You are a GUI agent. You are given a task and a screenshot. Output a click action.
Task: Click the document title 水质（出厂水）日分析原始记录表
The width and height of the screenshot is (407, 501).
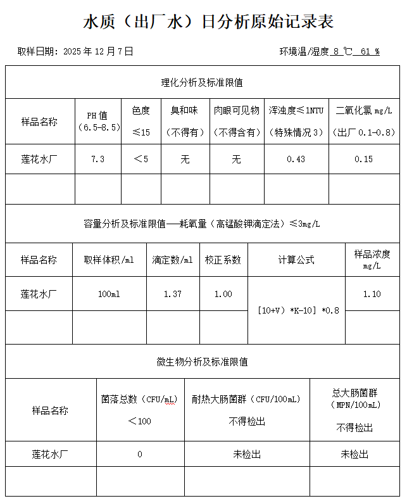pyautogui.click(x=208, y=22)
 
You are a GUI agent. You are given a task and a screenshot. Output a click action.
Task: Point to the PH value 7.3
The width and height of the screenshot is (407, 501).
pyautogui.click(x=97, y=159)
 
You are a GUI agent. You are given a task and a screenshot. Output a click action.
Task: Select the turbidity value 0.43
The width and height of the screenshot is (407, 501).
pyautogui.click(x=296, y=159)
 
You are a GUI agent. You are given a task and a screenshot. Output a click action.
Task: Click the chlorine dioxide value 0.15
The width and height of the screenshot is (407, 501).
pyautogui.click(x=364, y=159)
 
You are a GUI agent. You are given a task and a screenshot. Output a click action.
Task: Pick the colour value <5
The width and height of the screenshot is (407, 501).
pyautogui.click(x=141, y=159)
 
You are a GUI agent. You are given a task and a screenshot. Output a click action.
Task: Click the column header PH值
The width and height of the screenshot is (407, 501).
pyautogui.click(x=97, y=115)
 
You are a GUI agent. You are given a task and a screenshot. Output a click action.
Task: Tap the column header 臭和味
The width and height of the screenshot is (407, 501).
pyautogui.click(x=184, y=110)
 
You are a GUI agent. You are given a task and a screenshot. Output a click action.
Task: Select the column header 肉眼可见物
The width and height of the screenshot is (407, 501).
pyautogui.click(x=236, y=110)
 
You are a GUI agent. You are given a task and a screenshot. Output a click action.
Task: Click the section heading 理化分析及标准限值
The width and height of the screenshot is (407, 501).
pyautogui.click(x=202, y=82)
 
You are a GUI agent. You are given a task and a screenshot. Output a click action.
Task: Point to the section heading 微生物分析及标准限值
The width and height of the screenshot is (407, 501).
pyautogui.click(x=202, y=362)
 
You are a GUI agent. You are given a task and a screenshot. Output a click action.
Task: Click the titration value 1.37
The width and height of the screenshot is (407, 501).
pyautogui.click(x=172, y=294)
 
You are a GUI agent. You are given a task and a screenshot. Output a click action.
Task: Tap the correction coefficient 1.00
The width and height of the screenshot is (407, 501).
pyautogui.click(x=223, y=294)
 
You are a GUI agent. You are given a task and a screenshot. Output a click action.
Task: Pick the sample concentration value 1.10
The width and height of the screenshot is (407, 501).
pyautogui.click(x=372, y=294)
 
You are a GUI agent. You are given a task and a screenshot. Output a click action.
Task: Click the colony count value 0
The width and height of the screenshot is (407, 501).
pyautogui.click(x=140, y=454)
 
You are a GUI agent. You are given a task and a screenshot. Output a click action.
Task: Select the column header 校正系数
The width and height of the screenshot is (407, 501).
pyautogui.click(x=223, y=260)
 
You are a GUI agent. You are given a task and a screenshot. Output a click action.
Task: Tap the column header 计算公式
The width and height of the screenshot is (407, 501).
pyautogui.click(x=296, y=260)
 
